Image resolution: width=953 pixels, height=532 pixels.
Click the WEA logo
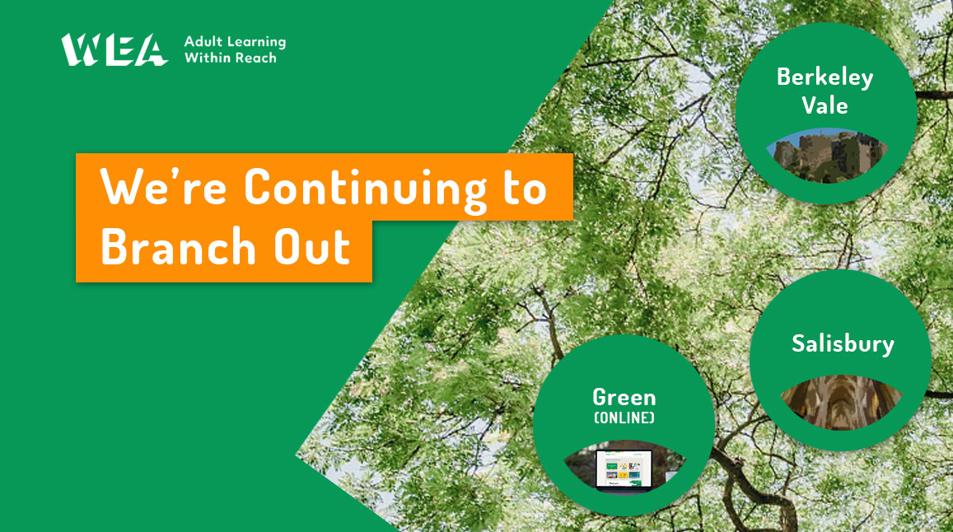(114, 49)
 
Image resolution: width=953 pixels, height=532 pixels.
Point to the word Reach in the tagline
(255, 58)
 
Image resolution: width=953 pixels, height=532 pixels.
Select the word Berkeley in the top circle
(825, 78)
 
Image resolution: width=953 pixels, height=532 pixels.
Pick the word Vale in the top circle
(825, 105)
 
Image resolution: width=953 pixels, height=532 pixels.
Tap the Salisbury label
(843, 343)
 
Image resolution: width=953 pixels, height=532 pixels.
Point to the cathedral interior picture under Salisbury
(841, 400)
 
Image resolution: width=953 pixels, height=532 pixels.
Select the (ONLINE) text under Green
(624, 418)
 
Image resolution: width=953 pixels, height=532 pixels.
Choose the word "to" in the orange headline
(521, 189)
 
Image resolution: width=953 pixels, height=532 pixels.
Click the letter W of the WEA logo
(80, 49)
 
